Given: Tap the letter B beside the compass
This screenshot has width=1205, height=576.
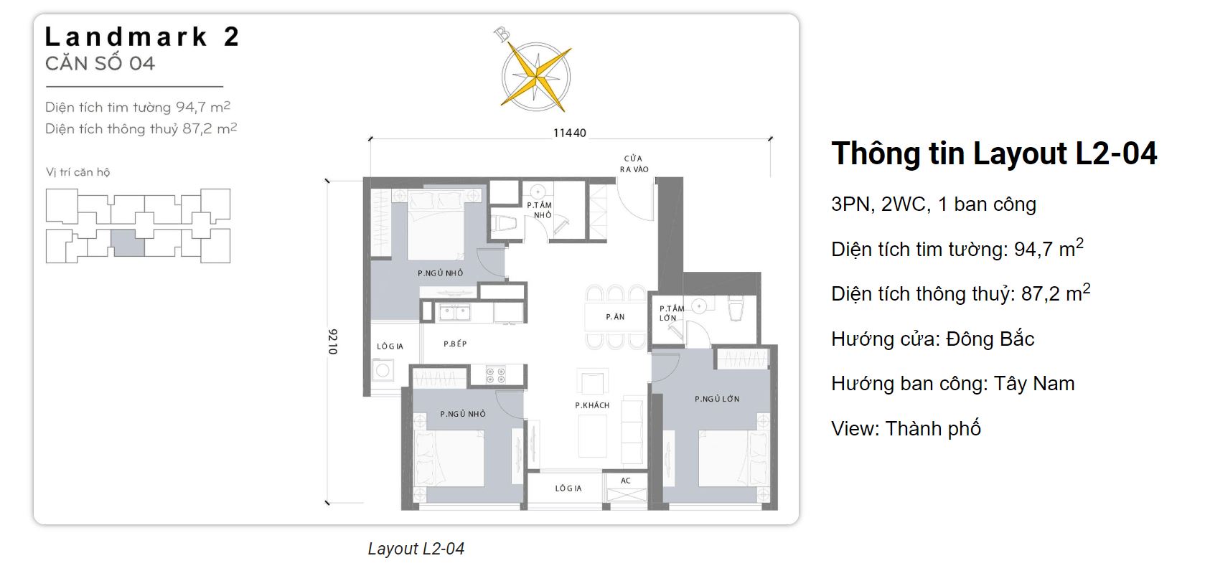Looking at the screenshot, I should point(502,34).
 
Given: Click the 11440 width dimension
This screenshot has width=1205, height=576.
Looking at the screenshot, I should point(569,133).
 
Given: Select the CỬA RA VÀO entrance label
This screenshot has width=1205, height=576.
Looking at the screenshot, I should point(633,164).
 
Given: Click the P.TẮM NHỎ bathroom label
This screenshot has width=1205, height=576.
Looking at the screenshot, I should point(540,209).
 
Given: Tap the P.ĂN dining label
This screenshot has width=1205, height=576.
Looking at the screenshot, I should point(615,316).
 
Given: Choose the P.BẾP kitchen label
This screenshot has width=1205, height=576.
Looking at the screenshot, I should point(455,344).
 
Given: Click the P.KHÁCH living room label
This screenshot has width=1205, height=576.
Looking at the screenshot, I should point(592,405).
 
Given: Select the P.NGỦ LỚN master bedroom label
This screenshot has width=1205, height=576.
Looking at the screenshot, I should point(716,399).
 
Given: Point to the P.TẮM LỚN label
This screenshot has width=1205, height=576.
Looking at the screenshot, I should point(671,313).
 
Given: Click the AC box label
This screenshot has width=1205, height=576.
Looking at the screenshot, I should point(625,481).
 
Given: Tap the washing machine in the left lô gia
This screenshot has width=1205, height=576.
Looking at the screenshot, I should point(383,371).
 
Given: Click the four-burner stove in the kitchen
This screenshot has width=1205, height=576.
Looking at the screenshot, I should point(495,374).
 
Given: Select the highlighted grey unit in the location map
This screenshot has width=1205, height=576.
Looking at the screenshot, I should point(128,242).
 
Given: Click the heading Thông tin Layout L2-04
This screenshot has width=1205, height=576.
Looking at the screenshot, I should point(993,154).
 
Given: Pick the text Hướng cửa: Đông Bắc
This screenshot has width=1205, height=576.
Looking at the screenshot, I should point(932,339).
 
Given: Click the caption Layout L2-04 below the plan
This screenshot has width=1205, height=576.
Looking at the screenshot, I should point(416,549).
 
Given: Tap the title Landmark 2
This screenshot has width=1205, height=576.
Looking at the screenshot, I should point(141,37).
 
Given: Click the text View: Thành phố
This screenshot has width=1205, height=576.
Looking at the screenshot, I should point(906,428).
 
